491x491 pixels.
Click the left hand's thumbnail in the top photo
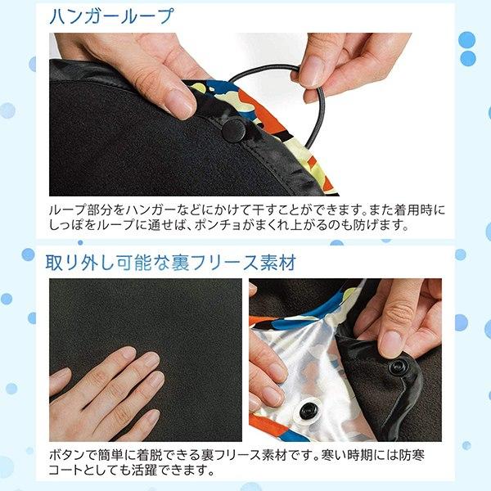tap(181, 102)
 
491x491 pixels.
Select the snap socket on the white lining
tap(310, 411)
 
